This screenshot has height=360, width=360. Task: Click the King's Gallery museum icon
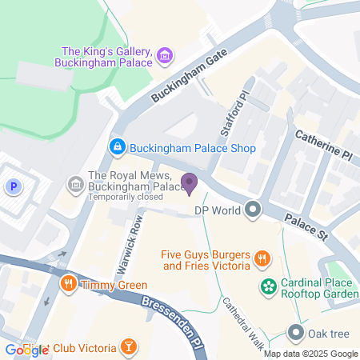click(164, 54)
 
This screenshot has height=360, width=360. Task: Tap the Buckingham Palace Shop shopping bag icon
click(118, 147)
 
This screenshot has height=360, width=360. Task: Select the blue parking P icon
click(13, 187)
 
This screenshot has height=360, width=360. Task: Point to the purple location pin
click(190, 183)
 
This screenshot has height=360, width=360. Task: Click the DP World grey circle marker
click(254, 210)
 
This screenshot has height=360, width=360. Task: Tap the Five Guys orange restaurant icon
click(262, 258)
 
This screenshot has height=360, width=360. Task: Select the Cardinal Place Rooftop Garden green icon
click(270, 286)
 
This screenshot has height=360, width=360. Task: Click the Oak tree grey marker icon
click(296, 332)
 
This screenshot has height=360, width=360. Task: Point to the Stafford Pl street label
click(233, 114)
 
